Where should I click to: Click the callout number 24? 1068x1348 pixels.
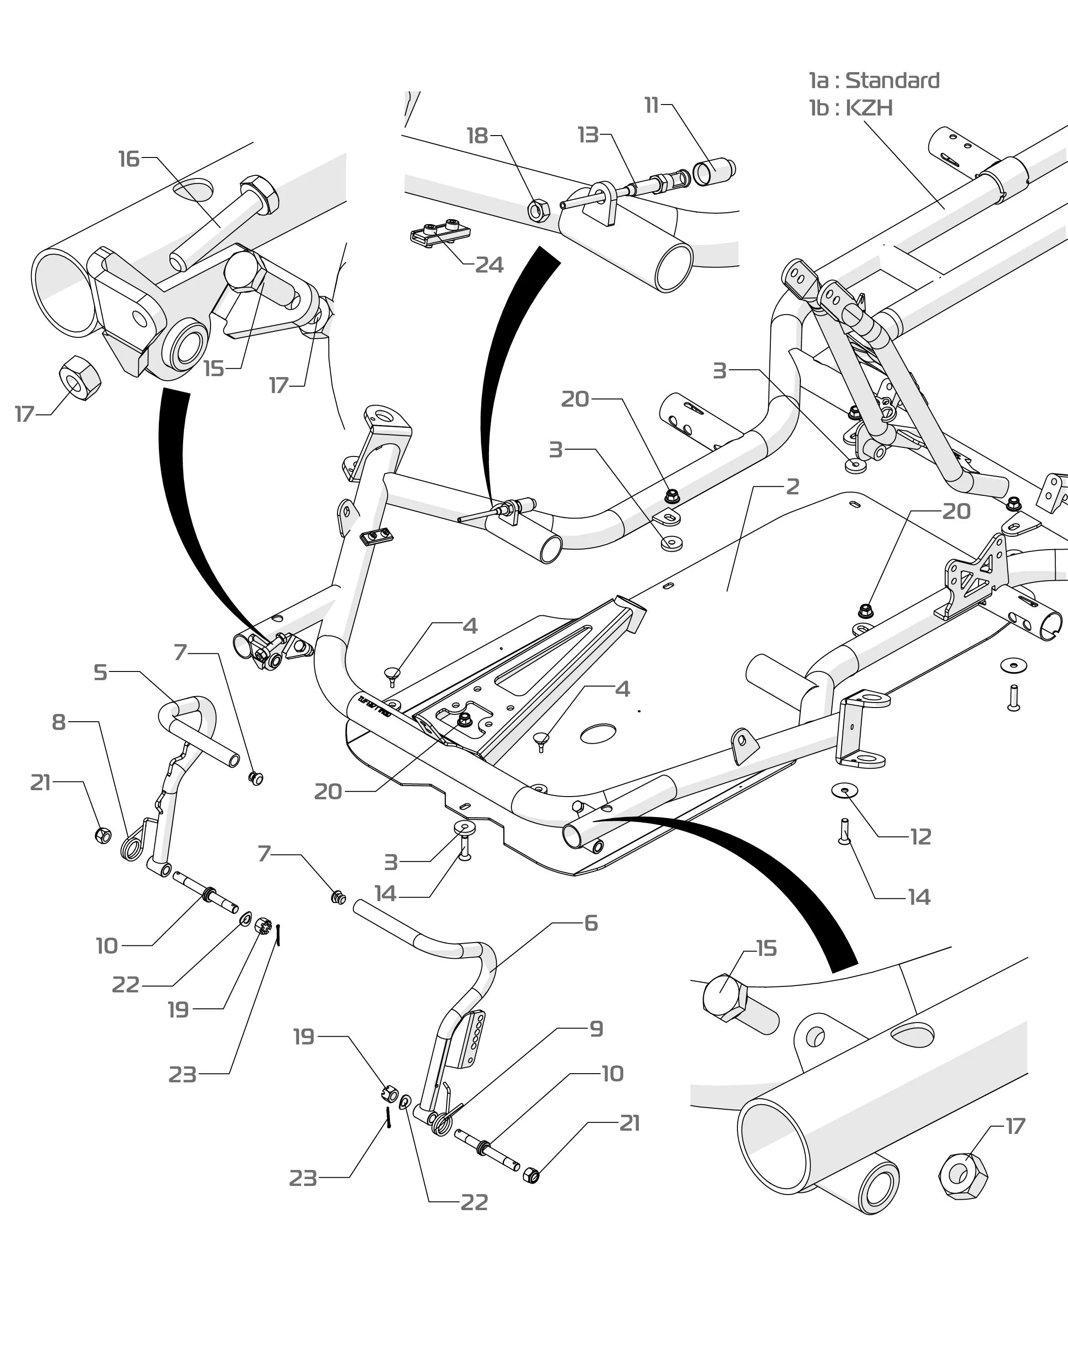[489, 265]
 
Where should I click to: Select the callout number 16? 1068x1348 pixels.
[129, 159]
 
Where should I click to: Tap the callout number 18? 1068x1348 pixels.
[477, 136]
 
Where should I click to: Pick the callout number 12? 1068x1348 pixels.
[921, 837]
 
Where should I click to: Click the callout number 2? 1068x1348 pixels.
[792, 487]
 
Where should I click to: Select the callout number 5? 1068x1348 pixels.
[100, 673]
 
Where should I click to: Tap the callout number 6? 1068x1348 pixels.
[590, 923]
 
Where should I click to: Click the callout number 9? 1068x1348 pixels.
[596, 1029]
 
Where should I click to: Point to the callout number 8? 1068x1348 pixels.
[58, 722]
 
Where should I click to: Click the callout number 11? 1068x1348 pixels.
[652, 105]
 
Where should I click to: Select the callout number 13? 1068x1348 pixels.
[588, 135]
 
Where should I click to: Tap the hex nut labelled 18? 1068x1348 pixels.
[538, 211]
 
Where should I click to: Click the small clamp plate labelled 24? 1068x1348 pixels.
[440, 234]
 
